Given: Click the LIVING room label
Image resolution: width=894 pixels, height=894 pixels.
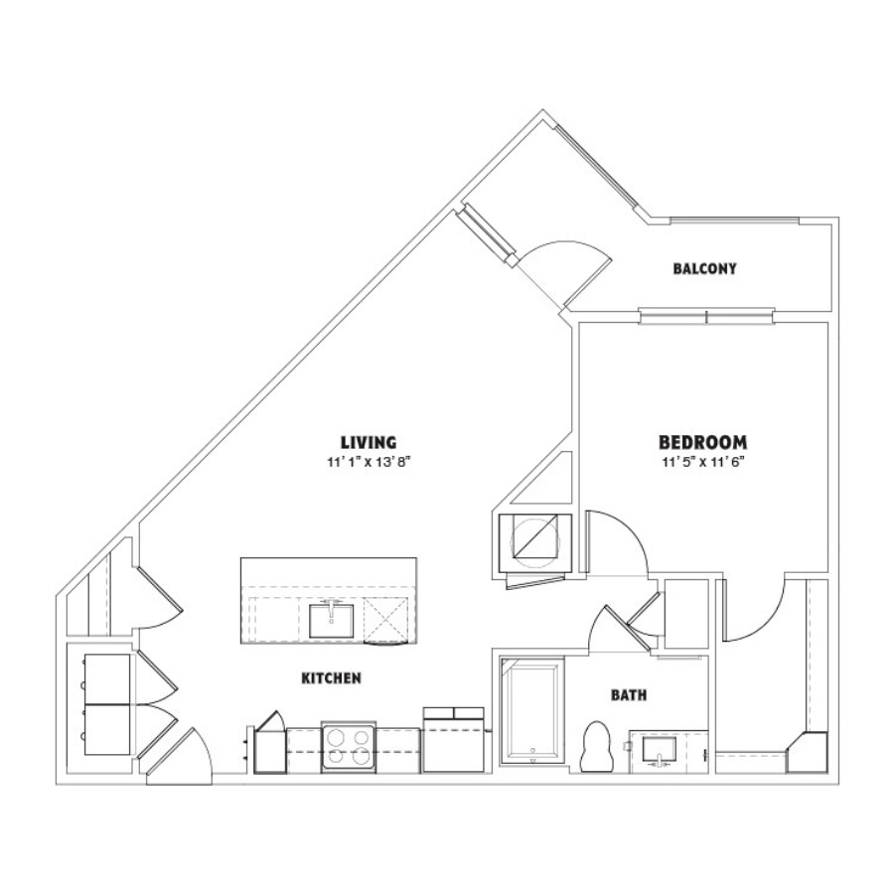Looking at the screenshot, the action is tap(369, 442).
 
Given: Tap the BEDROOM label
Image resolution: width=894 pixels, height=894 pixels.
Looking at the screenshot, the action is tap(703, 442).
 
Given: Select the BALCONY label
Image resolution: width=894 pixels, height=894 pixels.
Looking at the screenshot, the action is tap(704, 268).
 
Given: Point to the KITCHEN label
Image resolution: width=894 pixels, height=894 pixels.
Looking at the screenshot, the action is tap(331, 677).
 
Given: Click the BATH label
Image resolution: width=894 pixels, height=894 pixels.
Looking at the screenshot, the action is tap(629, 695).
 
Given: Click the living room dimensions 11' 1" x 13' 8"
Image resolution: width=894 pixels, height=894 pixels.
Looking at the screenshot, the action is tap(369, 462).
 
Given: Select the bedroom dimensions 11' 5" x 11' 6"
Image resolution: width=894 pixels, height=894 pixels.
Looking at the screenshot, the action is tap(704, 462).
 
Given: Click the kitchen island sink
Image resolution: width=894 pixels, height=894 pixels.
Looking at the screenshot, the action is tap(331, 621).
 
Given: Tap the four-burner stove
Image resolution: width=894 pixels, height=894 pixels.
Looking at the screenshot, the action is tap(349, 747).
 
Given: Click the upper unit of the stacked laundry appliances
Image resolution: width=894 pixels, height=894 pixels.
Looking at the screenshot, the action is tap(106, 678).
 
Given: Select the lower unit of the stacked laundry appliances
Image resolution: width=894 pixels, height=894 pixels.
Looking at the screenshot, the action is tap(106, 730).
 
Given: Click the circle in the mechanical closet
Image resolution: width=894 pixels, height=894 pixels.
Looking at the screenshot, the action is tap(534, 542).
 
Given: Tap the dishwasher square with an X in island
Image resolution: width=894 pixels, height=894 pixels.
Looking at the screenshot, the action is tap(386, 619).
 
